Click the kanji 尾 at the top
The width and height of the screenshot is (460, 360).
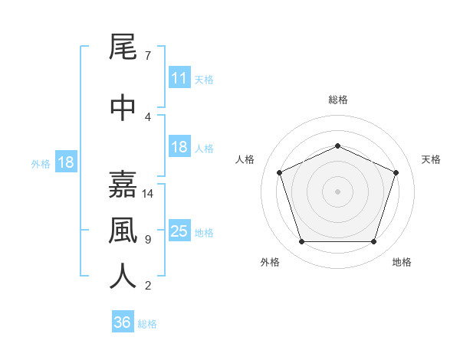123,47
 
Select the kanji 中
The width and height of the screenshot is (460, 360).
123,107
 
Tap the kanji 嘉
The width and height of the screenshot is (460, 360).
123,185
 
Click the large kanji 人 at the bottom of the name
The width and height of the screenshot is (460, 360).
123,277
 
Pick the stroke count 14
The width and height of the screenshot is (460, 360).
147,194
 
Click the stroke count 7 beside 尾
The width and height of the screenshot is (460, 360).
148,56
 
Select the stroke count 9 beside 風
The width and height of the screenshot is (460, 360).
148,240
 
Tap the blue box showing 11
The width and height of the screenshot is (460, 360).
179,77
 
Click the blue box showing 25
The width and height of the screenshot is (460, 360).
179,230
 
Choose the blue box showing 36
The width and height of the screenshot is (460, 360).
123,321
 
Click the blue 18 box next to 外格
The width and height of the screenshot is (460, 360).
66,162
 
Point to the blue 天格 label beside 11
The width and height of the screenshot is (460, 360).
204,80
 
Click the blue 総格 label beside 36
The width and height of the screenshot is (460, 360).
147,324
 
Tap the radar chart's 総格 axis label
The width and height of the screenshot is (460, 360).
338,100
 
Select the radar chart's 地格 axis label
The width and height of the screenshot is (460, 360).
402,262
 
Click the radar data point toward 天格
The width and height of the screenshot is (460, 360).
396,172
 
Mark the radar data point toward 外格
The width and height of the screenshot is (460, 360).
301,242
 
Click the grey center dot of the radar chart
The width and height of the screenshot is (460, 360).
337,191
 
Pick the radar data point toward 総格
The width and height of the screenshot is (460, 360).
337,146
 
